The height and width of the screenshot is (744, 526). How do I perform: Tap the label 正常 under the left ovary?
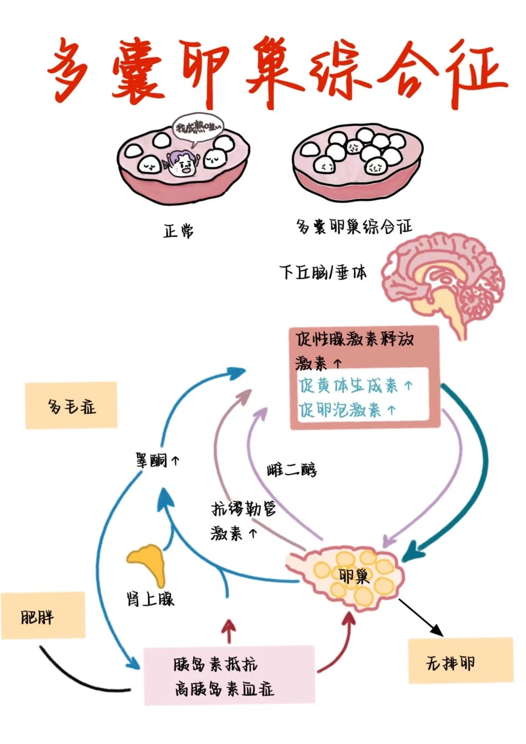point(178,230)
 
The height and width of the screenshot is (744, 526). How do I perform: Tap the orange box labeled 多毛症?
point(71,405)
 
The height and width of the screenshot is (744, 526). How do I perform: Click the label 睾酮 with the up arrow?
point(157,459)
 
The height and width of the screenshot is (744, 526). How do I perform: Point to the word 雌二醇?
point(292,470)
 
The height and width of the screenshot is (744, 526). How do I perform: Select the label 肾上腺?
point(150,598)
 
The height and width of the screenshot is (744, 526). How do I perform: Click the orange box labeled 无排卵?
point(460,661)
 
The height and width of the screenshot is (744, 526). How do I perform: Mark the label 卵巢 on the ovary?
point(354,576)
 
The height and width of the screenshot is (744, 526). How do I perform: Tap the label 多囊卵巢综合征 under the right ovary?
point(354,227)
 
